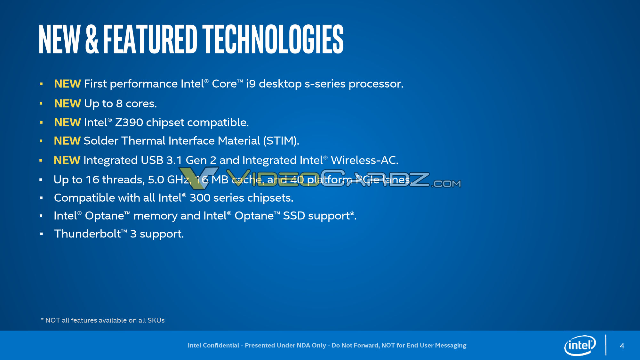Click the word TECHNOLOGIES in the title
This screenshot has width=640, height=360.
tap(273, 39)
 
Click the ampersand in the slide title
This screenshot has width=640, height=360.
tap(92, 39)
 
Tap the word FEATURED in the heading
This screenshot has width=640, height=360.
tap(150, 39)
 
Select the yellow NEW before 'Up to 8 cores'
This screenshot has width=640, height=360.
tap(67, 104)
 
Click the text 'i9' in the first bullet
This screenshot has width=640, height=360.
tap(251, 84)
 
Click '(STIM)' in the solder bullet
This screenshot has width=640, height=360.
tap(281, 141)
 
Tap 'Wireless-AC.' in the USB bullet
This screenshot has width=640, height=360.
tap(364, 160)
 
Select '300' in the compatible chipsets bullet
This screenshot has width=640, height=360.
tap(200, 198)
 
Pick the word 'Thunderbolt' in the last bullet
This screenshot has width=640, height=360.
tap(87, 234)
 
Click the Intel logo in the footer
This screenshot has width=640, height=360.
tap(580, 345)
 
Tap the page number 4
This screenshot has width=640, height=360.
tap(622, 346)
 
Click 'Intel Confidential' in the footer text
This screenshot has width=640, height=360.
tap(213, 345)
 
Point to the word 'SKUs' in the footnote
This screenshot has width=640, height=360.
tap(156, 320)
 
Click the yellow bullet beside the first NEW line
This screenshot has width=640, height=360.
tap(41, 84)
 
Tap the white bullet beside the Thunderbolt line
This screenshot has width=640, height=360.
tap(41, 234)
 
